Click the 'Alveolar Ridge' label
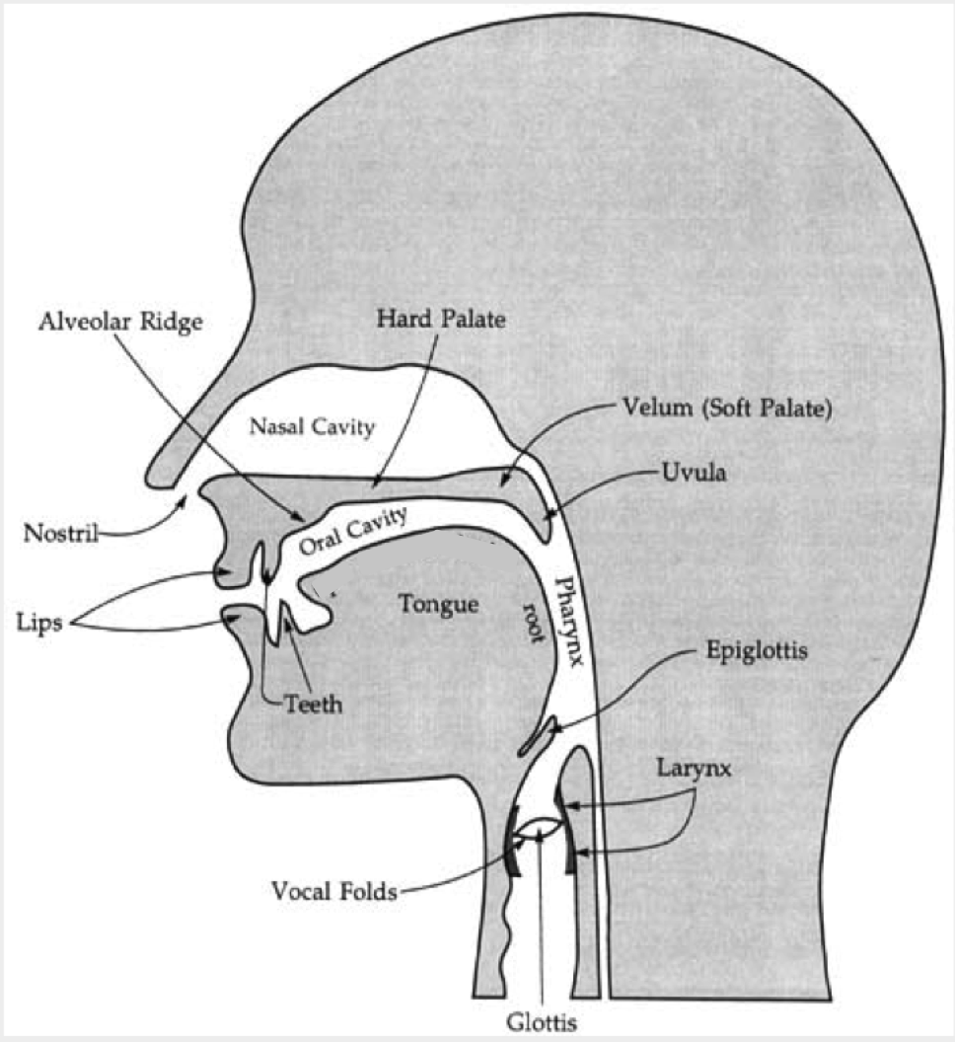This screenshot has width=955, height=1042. click(x=120, y=323)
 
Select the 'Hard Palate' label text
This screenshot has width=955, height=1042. click(x=441, y=319)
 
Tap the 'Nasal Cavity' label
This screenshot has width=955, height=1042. click(x=312, y=426)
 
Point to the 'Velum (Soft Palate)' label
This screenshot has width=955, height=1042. click(x=727, y=409)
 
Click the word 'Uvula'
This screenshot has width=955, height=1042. click(x=694, y=473)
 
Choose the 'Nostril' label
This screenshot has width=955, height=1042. click(x=60, y=533)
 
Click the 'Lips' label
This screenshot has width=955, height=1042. click(x=39, y=624)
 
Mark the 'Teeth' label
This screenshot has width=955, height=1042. click(x=313, y=704)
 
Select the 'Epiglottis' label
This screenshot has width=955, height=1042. click(x=757, y=650)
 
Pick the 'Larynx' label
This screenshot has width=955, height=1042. click(x=694, y=769)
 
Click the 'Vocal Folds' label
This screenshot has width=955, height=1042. click(x=334, y=891)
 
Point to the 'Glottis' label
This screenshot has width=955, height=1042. click(x=542, y=1022)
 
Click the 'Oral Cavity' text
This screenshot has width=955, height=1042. click(x=352, y=532)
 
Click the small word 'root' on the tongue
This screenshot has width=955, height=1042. click(x=534, y=623)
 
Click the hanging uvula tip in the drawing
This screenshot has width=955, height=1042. click(x=545, y=532)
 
